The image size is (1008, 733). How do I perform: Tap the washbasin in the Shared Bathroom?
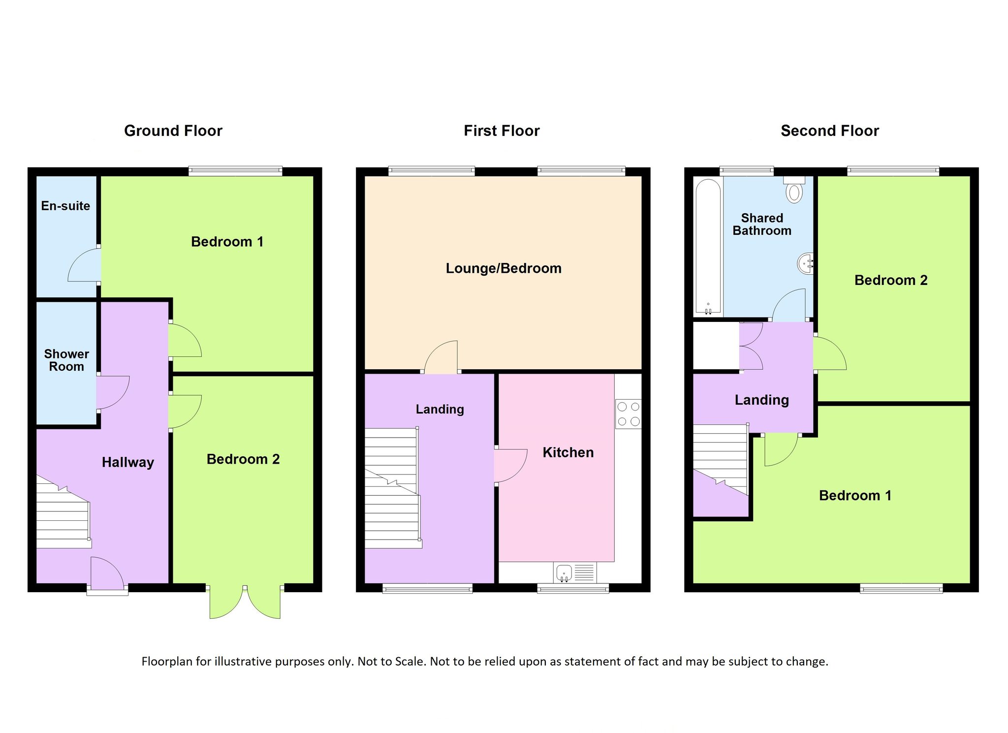pyautogui.click(x=805, y=264)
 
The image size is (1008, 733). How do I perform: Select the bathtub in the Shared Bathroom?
pyautogui.click(x=708, y=247)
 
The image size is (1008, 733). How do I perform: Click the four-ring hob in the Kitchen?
pyautogui.click(x=629, y=414)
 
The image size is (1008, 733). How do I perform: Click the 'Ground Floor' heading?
pyautogui.click(x=173, y=131)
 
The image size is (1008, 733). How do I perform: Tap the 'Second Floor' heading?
pyautogui.click(x=830, y=131)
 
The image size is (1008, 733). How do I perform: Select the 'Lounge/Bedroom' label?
pyautogui.click(x=504, y=269)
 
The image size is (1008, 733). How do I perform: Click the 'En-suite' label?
pyautogui.click(x=65, y=206)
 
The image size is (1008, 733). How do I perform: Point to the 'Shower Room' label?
pyautogui.click(x=66, y=360)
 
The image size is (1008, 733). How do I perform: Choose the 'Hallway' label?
pyautogui.click(x=128, y=462)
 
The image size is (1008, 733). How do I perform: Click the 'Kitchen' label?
pyautogui.click(x=568, y=452)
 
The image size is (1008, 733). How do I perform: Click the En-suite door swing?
pyautogui.click(x=84, y=265)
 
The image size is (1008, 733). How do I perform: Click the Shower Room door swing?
pyautogui.click(x=113, y=393)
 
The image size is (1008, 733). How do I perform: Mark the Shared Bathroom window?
pyautogui.click(x=747, y=171)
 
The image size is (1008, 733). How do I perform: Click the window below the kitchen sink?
pyautogui.click(x=573, y=588)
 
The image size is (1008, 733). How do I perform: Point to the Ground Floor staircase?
pyautogui.click(x=63, y=512)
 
